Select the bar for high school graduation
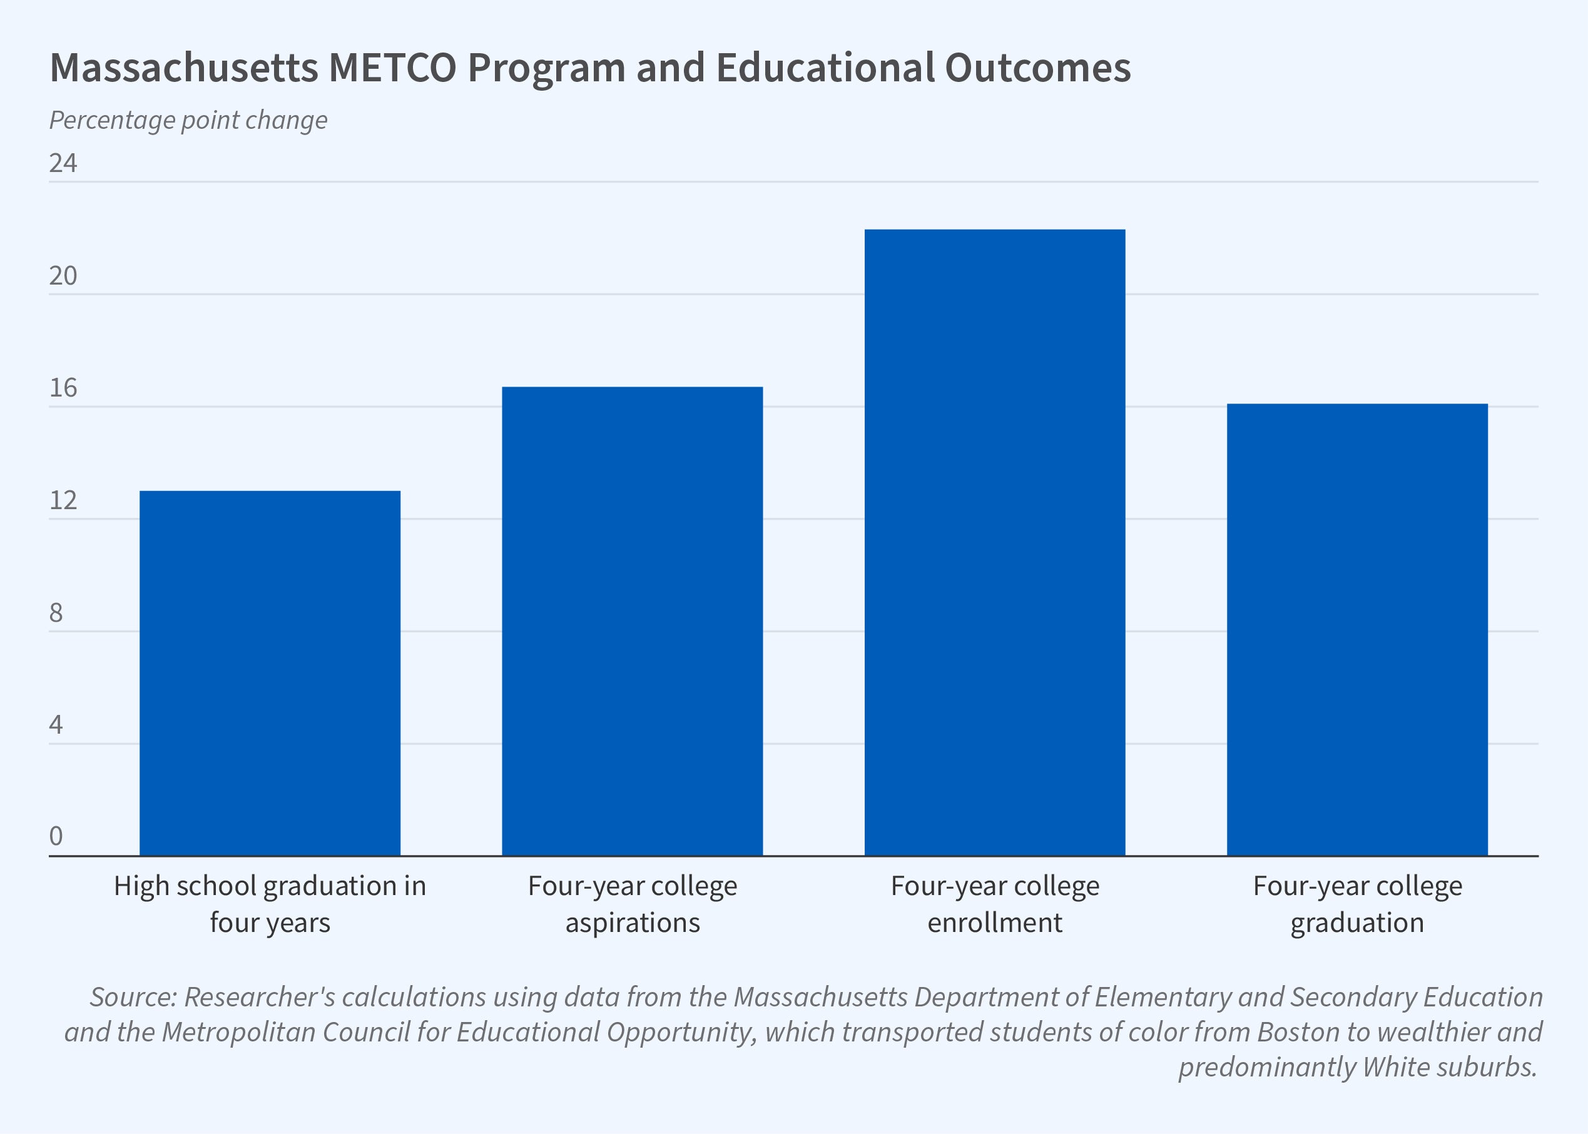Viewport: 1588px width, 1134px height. click(x=270, y=673)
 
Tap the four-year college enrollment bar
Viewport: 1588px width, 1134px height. click(x=994, y=542)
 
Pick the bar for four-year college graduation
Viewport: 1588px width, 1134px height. click(x=1357, y=629)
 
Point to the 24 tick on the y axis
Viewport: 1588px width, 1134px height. click(x=63, y=163)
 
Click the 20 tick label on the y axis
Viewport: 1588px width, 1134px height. click(x=63, y=276)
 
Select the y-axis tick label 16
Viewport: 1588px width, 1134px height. click(x=63, y=388)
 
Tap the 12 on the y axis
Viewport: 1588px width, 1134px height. click(x=63, y=500)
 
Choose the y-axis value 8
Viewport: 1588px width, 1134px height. click(x=56, y=613)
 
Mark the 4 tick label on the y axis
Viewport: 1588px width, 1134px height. click(x=56, y=725)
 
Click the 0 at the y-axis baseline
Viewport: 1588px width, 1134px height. click(x=56, y=836)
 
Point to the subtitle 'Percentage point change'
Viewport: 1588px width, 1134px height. click(x=188, y=120)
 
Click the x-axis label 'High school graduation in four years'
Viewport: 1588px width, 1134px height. click(x=270, y=904)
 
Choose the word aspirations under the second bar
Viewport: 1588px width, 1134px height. click(x=632, y=923)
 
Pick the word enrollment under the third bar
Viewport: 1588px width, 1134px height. click(x=994, y=923)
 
